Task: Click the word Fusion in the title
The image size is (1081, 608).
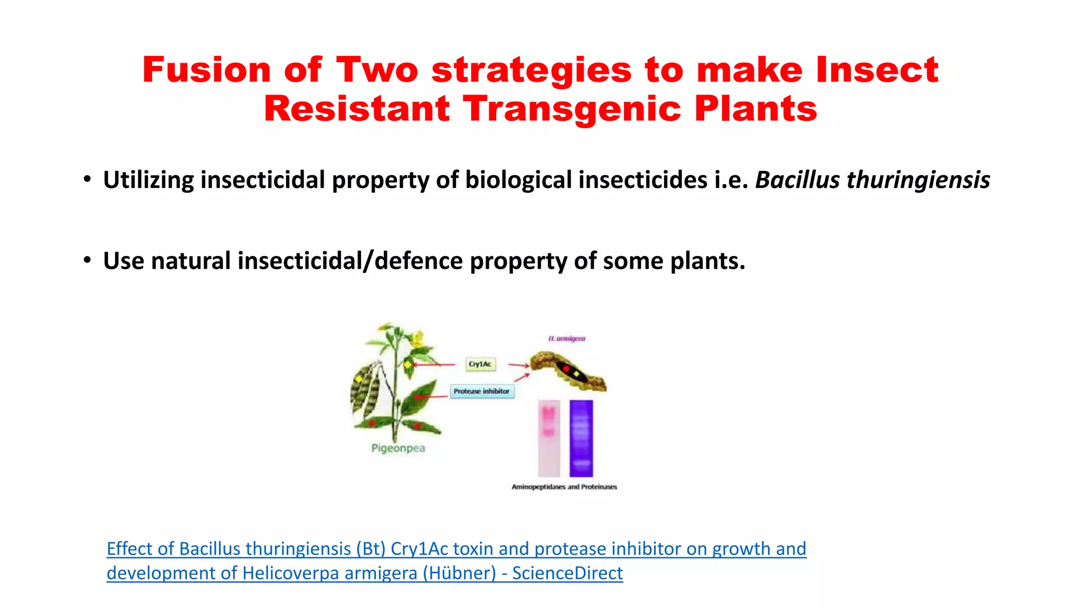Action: point(206,70)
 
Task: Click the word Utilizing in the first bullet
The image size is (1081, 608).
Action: point(148,180)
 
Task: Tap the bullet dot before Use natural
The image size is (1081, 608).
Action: point(87,260)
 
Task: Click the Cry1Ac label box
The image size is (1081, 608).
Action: point(480,364)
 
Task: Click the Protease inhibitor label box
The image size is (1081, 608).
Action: point(481,391)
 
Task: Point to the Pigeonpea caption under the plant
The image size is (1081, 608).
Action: point(398,448)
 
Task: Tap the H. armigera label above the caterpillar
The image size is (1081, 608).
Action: point(566,338)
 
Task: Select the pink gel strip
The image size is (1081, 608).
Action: point(549,438)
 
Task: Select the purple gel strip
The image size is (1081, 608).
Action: point(581,438)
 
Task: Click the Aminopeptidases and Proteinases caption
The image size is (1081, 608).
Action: point(564,487)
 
